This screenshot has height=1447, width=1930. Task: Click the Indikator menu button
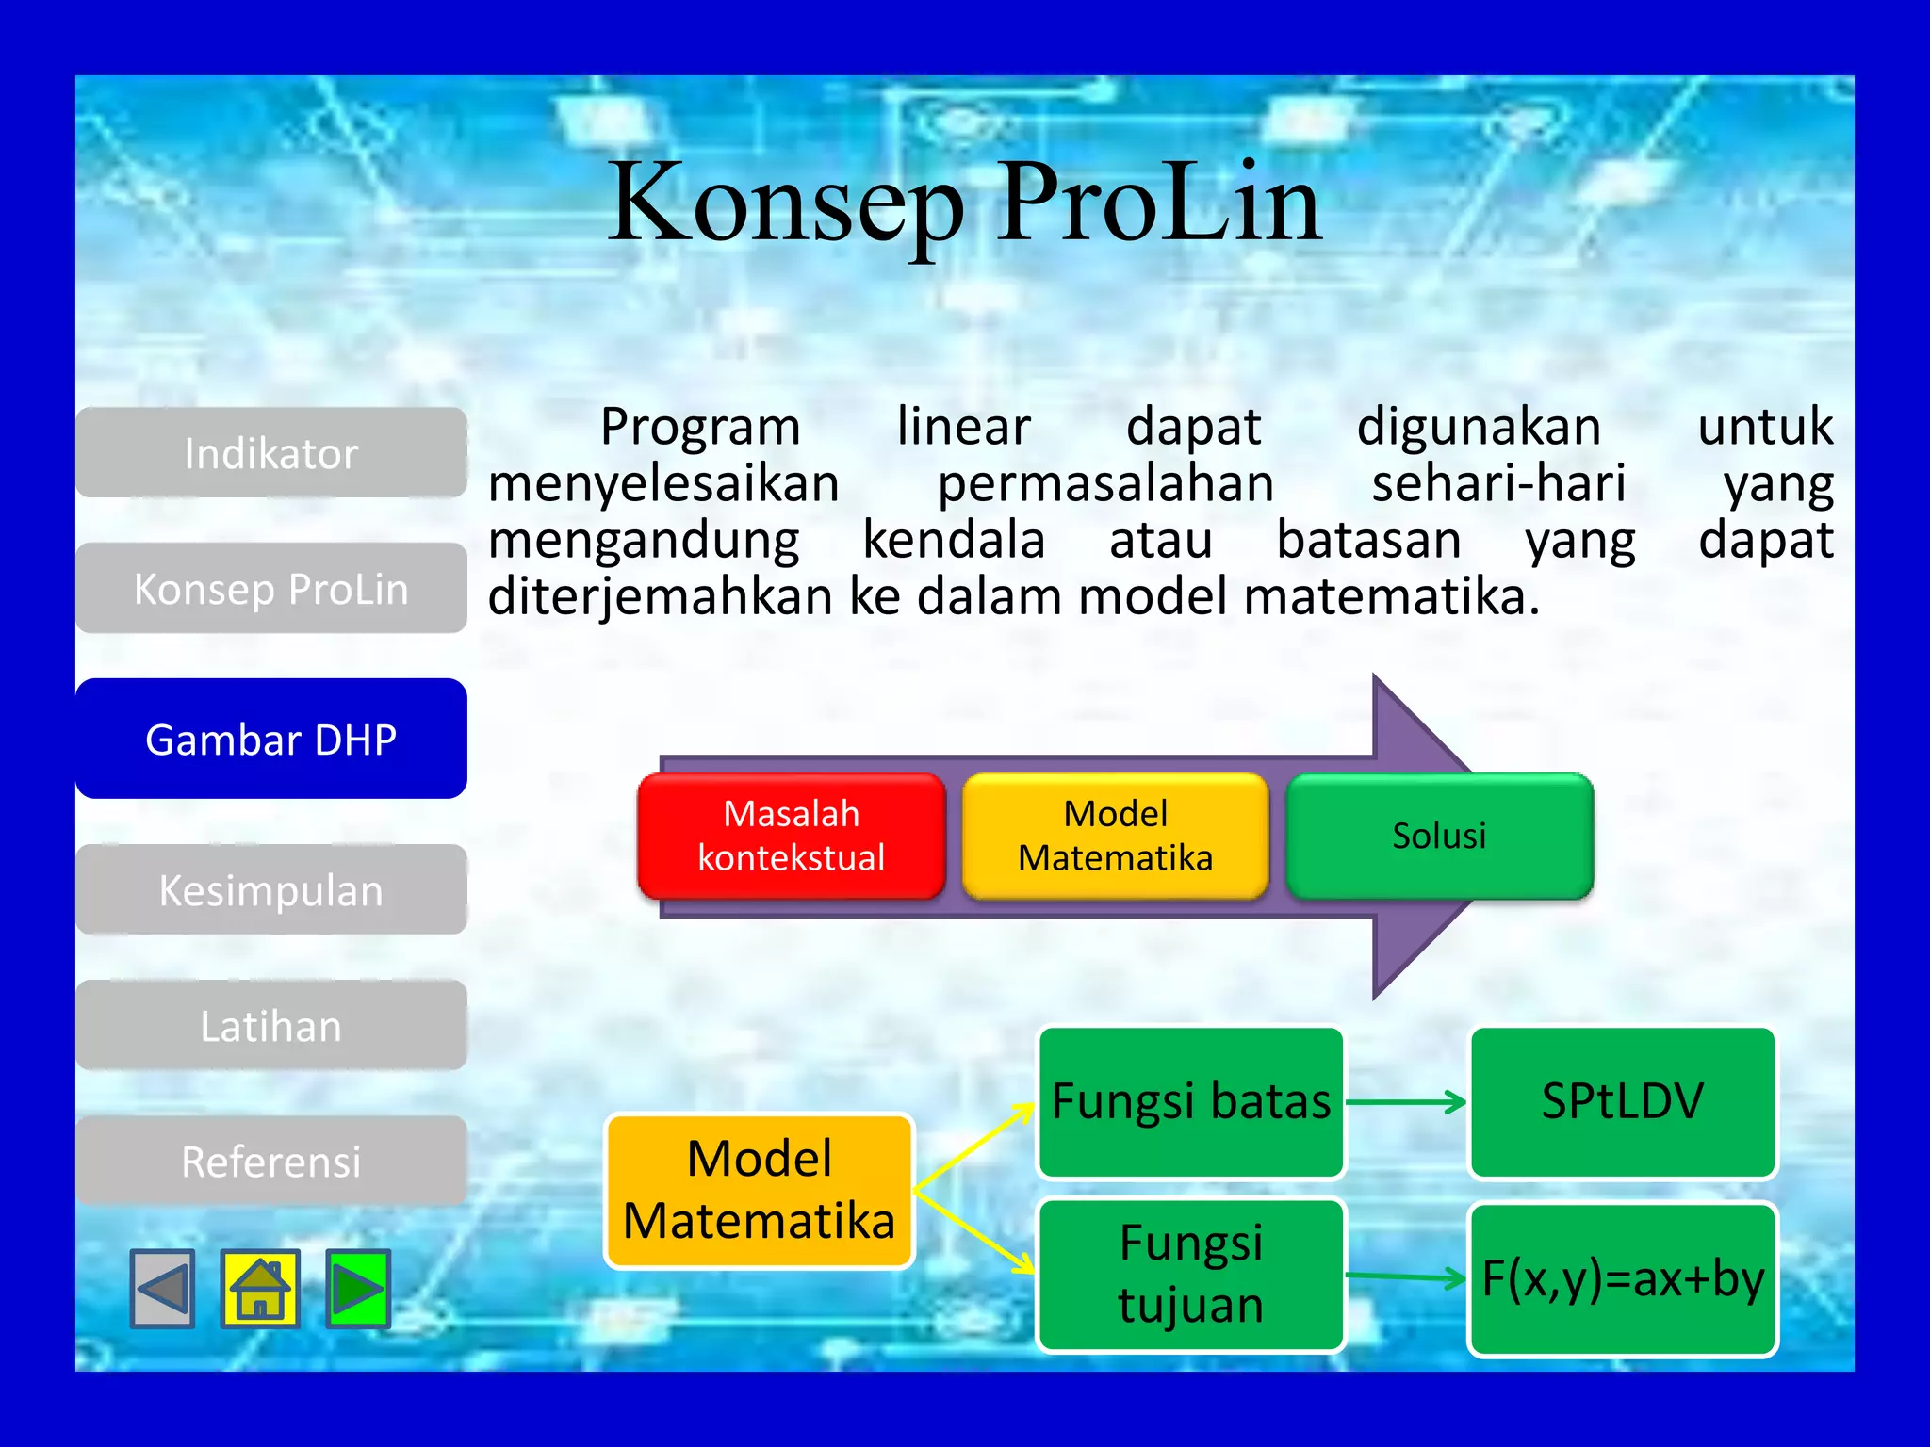270,453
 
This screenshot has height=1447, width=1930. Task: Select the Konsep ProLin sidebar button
270,589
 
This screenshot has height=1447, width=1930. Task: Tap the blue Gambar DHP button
270,740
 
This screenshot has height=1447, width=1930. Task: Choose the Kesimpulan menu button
270,890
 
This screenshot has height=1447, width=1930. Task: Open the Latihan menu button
270,1026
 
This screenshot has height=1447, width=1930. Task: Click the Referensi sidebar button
270,1162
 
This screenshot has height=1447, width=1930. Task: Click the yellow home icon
260,1289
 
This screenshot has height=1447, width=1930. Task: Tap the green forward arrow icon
358,1289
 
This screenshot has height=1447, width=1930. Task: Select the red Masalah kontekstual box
791,836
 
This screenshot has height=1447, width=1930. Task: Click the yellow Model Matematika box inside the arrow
1115,836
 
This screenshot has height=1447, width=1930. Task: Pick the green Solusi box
1439,836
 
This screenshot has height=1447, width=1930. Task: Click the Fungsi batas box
1190,1101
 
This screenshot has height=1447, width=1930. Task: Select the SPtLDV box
1622,1101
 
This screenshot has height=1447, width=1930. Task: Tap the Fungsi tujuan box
1190,1275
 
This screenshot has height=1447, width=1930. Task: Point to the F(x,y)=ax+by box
1622,1279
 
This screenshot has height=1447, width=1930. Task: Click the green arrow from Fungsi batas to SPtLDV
1406,1101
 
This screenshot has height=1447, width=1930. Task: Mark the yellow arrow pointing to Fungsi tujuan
975,1234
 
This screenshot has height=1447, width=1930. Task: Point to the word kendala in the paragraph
954,541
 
